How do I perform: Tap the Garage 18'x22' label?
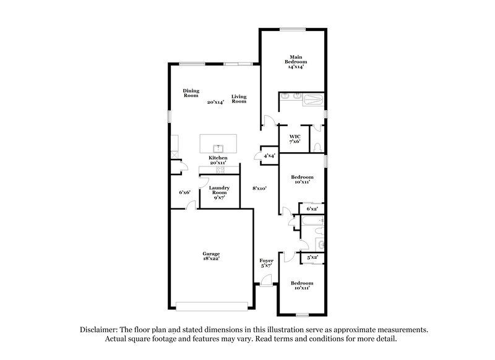coord(211,256)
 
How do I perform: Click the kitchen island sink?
coord(218,148)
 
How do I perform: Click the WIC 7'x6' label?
coord(295,139)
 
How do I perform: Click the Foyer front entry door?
coord(266,282)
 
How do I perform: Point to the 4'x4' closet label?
coord(269,156)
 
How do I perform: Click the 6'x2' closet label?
coord(312,209)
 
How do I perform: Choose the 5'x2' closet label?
coord(312,257)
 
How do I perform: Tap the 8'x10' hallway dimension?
coord(259,188)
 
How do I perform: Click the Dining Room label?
coord(191,93)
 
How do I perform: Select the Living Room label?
coord(239,99)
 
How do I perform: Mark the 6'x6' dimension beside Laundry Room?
coord(184,192)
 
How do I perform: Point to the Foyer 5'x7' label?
coord(266,263)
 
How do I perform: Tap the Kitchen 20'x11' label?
coord(218,161)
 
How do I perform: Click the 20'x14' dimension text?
coord(215,102)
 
